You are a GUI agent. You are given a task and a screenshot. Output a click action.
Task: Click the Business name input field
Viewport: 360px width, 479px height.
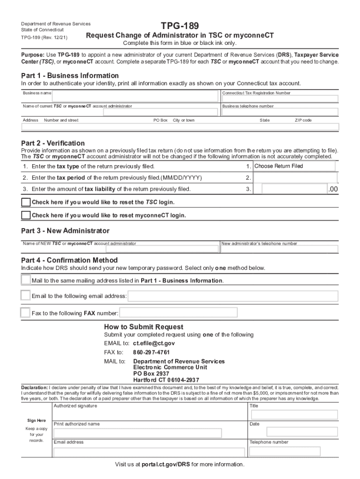coord(135,96)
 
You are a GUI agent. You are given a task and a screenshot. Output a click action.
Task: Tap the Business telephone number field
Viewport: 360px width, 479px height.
coord(280,112)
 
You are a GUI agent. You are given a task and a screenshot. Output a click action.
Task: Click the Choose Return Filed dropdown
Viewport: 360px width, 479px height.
coord(294,167)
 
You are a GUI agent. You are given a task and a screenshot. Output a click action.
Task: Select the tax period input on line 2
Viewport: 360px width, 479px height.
coord(294,178)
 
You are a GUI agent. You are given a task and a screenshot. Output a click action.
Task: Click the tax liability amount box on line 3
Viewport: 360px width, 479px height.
coord(294,189)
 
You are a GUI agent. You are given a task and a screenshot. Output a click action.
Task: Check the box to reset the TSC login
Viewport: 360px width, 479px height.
coord(26,203)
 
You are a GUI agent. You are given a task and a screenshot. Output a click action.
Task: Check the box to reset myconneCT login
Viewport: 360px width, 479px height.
coord(26,215)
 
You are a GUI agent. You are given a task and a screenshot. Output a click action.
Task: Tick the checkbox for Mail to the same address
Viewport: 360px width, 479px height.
coord(26,280)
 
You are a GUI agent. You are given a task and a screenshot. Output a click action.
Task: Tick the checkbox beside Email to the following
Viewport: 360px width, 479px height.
coord(26,296)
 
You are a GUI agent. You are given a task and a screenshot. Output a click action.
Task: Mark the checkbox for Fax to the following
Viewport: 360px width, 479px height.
coord(26,312)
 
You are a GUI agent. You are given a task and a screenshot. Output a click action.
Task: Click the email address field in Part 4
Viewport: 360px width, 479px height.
coord(232,296)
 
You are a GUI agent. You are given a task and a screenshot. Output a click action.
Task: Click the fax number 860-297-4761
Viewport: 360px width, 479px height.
coord(151,352)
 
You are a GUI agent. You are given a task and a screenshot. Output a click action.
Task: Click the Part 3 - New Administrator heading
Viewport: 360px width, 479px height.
coord(65,231)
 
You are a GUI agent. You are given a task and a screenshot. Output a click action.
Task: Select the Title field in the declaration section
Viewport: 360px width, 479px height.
coord(293,414)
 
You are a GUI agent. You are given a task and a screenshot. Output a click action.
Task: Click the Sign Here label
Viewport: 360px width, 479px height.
coord(36,421)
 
